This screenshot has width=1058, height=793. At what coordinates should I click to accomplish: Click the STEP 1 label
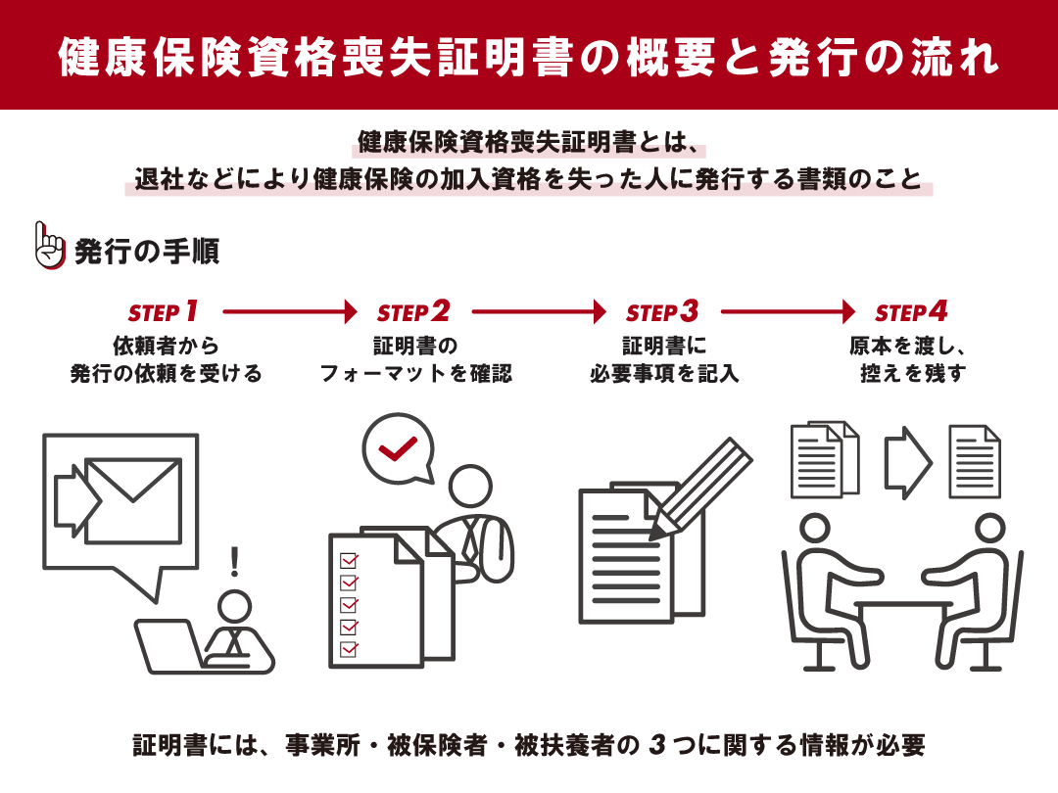coord(164,312)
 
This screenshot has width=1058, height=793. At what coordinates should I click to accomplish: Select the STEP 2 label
coord(413,312)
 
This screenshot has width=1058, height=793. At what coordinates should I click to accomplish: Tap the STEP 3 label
coord(662,312)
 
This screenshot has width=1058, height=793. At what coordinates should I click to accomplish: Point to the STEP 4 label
coord(911,312)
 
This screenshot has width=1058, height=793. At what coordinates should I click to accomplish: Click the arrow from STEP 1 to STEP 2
coord(290,312)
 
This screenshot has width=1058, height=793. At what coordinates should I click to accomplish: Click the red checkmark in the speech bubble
coord(398,448)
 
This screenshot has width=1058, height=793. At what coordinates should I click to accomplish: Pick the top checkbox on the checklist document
coord(348,561)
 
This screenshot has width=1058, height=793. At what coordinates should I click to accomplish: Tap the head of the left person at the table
coord(815,528)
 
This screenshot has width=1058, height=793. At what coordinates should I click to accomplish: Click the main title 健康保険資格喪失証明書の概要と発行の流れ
coord(529,57)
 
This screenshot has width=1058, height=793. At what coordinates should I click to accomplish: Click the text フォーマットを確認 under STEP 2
coord(415,374)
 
